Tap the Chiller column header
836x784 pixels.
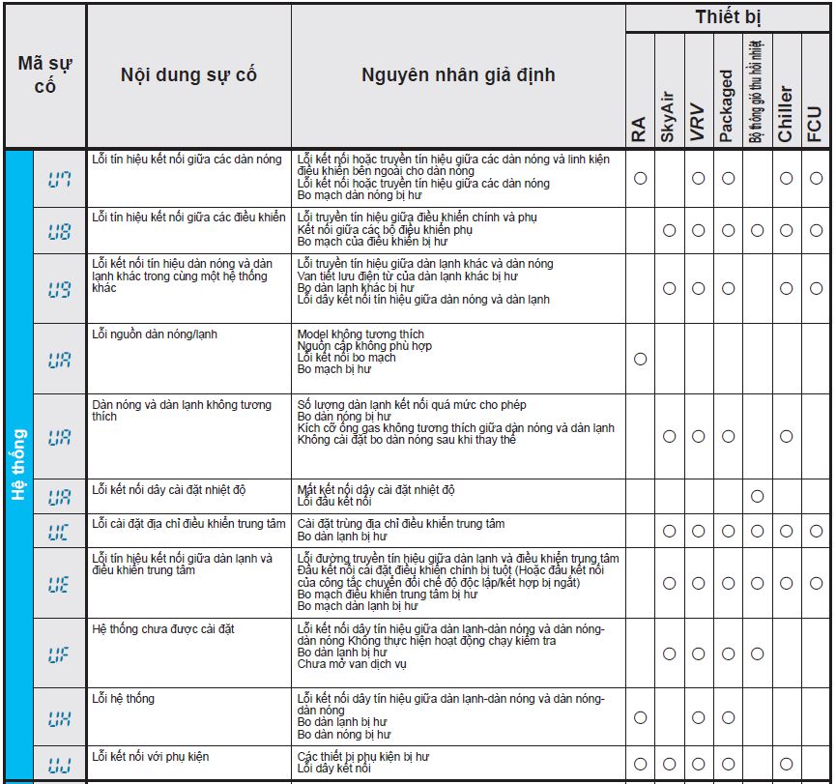(x=786, y=113)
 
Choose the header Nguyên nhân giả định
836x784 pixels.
(x=458, y=74)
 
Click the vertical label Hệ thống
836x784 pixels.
(x=18, y=465)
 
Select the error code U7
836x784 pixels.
(x=60, y=179)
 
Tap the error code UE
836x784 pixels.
(x=60, y=584)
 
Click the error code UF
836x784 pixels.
(x=60, y=653)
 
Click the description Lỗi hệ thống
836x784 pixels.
(x=123, y=699)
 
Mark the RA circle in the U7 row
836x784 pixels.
(x=639, y=178)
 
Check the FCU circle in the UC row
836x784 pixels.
(x=816, y=531)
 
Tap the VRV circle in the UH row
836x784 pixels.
(x=698, y=717)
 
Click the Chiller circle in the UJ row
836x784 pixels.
(x=786, y=764)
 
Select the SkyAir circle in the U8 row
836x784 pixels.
(x=668, y=230)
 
